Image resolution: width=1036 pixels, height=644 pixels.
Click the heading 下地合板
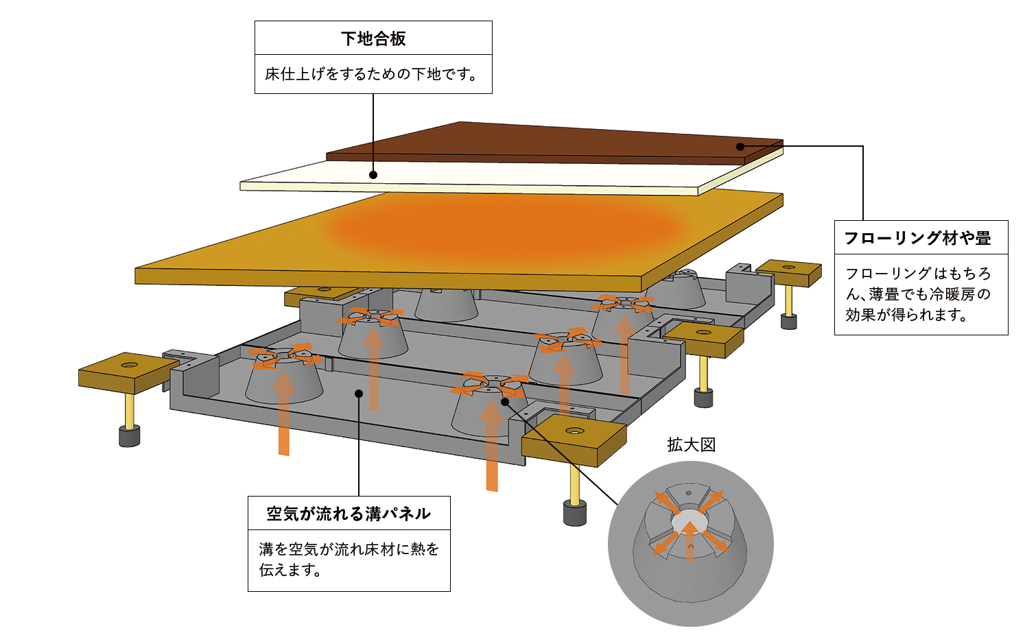click(373, 38)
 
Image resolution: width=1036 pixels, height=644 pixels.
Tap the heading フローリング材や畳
click(917, 239)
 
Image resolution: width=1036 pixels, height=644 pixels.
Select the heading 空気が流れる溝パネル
click(349, 514)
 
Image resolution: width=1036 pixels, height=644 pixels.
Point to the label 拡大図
click(691, 445)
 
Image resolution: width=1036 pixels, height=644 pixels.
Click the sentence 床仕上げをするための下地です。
click(371, 74)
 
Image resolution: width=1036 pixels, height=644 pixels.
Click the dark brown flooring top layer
click(549, 141)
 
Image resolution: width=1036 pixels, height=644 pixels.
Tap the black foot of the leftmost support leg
click(130, 436)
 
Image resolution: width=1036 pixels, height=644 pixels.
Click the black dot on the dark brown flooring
click(740, 146)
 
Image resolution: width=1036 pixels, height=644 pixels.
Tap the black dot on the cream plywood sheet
click(373, 175)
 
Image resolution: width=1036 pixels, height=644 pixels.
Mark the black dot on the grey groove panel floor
click(358, 393)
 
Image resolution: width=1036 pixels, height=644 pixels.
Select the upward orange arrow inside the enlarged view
click(690, 542)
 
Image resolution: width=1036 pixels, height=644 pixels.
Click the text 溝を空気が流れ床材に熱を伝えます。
click(349, 560)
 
